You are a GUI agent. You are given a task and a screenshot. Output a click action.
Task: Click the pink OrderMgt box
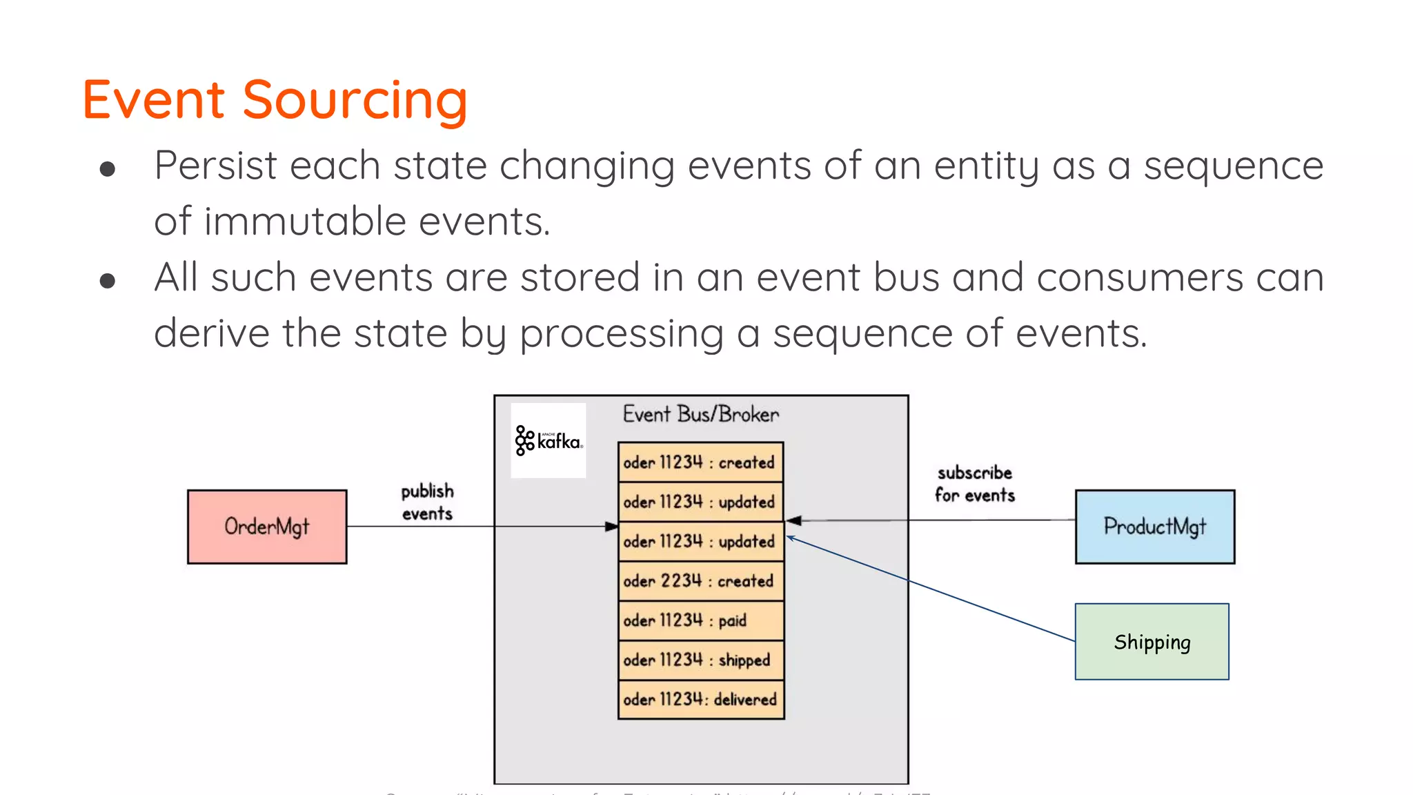267,527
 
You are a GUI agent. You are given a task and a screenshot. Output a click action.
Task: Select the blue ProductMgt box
1154,527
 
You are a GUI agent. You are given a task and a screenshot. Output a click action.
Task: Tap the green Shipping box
1152,642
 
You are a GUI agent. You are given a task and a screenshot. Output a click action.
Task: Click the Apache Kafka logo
549,440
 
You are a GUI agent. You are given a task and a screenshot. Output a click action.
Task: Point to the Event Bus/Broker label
700,414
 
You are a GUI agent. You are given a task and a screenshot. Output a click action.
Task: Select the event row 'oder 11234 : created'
700,462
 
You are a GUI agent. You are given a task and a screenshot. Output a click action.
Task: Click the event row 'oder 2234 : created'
700,580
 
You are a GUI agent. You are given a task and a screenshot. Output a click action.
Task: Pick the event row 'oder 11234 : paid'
700,620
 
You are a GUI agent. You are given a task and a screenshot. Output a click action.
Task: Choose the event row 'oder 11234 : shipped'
700,660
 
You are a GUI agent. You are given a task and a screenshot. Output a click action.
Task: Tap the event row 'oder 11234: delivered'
700,699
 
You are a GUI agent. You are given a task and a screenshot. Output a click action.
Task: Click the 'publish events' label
427,502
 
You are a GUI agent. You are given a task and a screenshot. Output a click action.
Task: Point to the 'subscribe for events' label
974,484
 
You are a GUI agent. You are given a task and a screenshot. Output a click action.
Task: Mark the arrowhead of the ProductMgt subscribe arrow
793,520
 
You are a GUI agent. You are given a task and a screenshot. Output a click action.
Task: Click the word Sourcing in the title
355,100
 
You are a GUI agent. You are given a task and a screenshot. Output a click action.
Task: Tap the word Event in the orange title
154,100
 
